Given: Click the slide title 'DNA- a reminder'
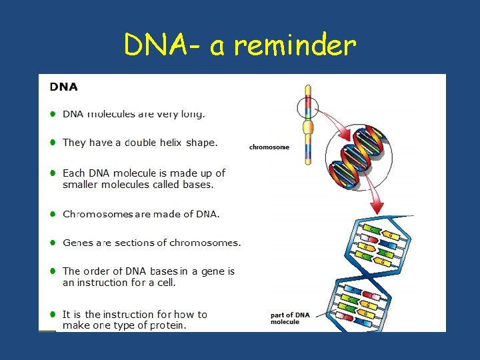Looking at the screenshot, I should point(240,45).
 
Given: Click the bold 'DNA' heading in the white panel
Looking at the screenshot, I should point(63,87).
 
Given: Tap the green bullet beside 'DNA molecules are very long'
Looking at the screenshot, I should point(53,114).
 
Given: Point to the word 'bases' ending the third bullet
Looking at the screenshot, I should point(199,185).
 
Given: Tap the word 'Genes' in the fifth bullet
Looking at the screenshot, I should point(78,243).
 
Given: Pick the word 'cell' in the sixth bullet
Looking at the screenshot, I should point(166,283).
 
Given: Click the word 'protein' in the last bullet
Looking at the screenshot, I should point(167,325).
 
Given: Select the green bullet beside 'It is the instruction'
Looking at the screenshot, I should point(53,314).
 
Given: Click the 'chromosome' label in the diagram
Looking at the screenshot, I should point(269,147).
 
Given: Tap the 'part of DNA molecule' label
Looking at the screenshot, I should point(290,318).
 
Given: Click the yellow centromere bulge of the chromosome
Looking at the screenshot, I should point(308,127).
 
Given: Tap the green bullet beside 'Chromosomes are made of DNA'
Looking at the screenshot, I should point(53,214).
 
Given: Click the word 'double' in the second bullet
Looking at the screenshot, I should point(140,142).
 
